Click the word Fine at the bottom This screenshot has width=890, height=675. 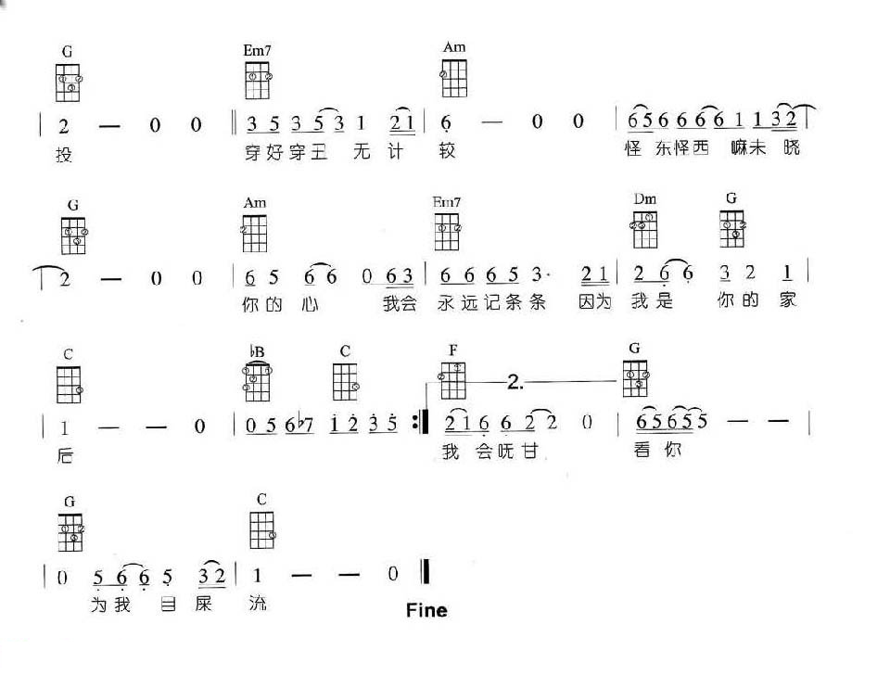426,610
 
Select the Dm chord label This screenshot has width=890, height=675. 645,198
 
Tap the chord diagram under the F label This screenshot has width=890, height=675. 453,381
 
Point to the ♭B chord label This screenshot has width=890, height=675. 257,351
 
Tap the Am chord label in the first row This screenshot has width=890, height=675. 453,47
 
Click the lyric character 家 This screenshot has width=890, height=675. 788,301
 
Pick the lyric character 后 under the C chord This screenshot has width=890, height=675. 64,454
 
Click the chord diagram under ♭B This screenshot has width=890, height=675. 257,381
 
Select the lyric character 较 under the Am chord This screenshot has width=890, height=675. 448,152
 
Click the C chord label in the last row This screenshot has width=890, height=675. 262,500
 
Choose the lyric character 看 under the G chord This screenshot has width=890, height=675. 642,453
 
